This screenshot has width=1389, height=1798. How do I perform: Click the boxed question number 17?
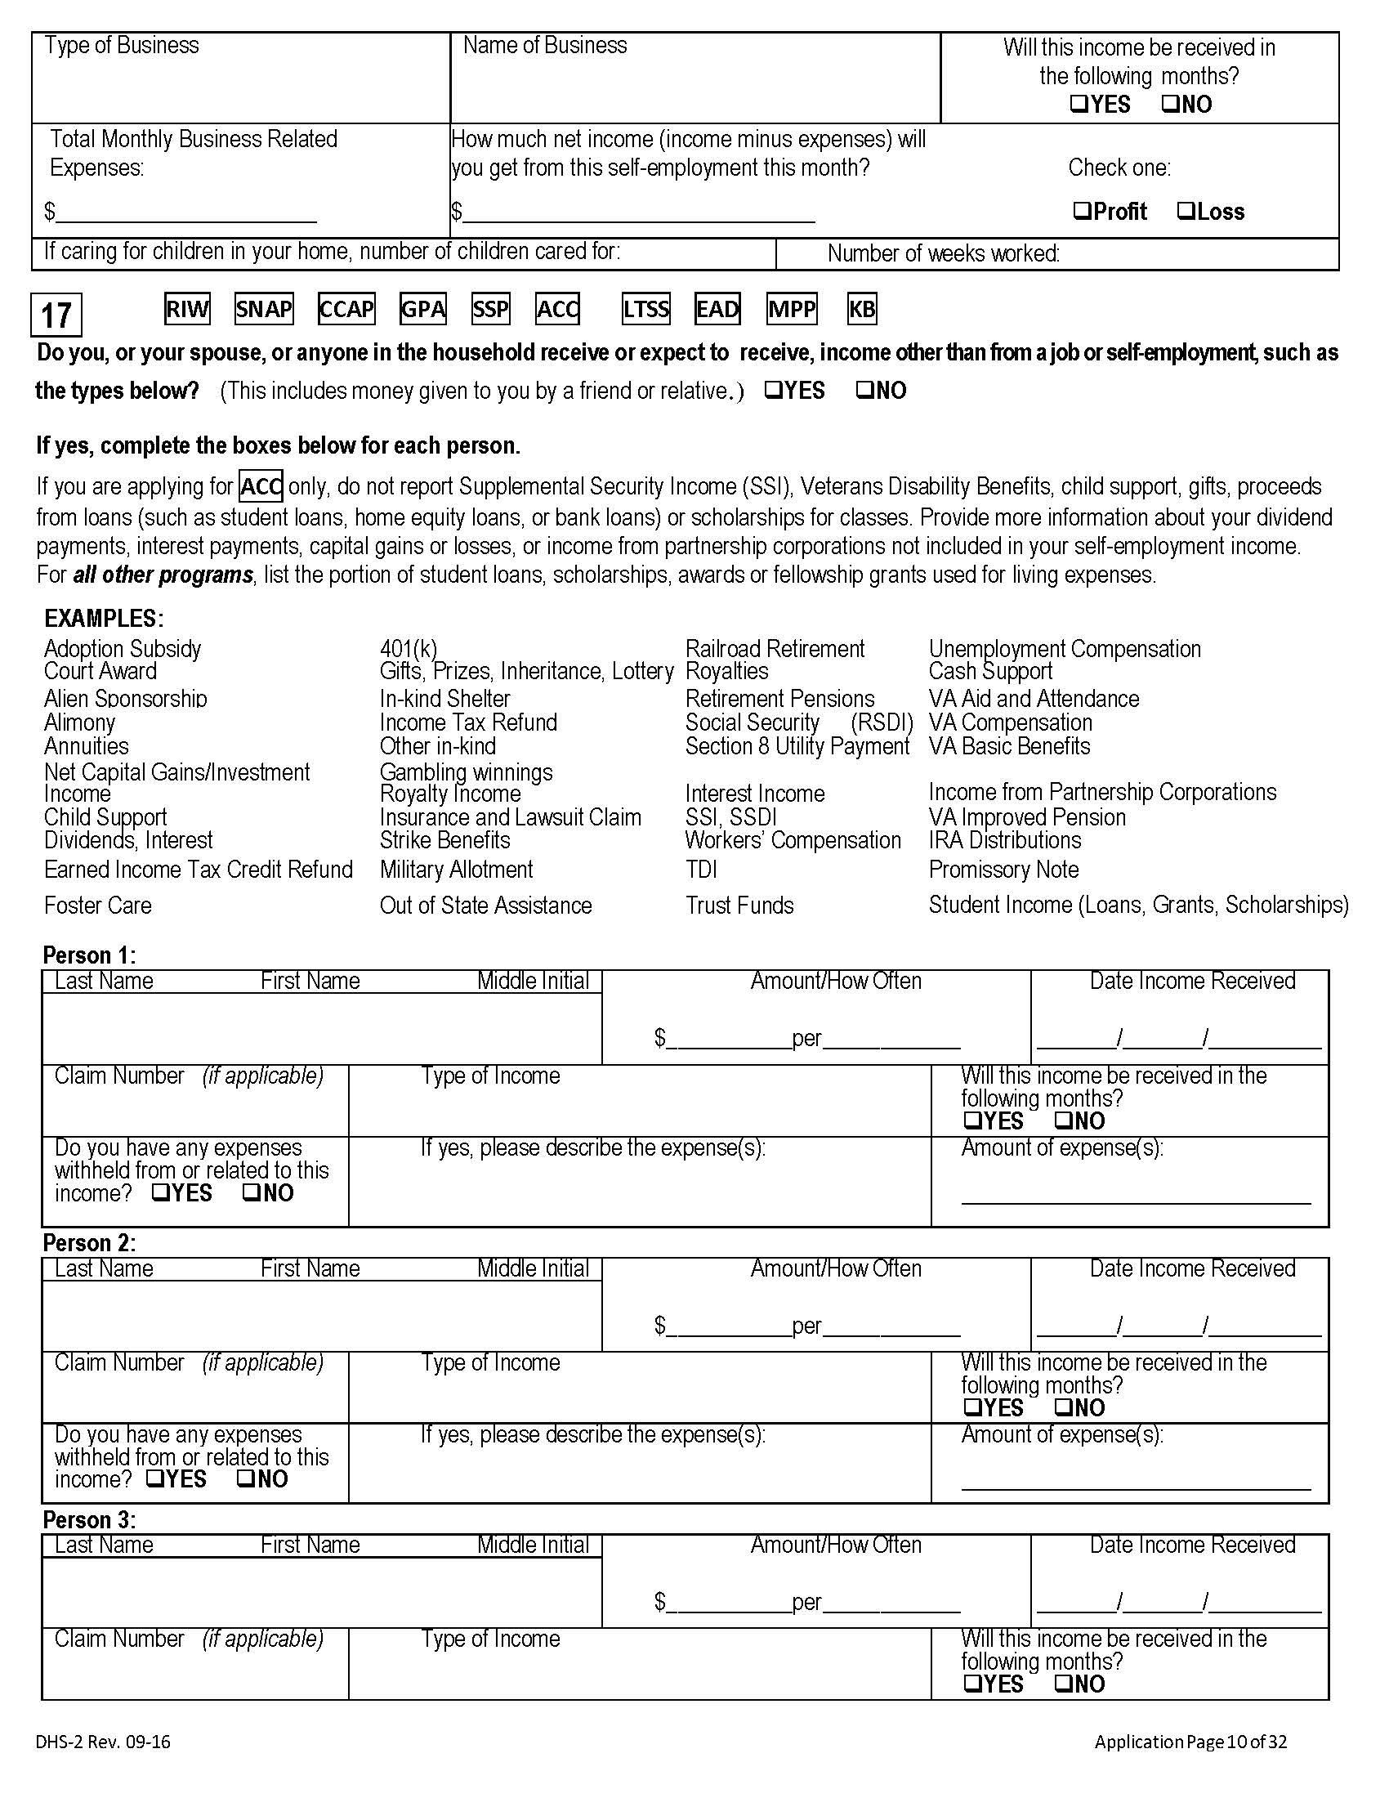pyautogui.click(x=56, y=315)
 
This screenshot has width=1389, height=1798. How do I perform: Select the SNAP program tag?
pyautogui.click(x=263, y=310)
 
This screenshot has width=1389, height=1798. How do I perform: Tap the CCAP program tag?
pyautogui.click(x=346, y=310)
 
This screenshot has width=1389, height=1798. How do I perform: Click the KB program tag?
pyautogui.click(x=861, y=310)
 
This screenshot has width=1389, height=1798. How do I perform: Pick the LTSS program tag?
pyautogui.click(x=646, y=310)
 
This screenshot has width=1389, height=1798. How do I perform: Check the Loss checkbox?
pyautogui.click(x=1185, y=212)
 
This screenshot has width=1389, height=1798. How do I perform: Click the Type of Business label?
pyautogui.click(x=122, y=45)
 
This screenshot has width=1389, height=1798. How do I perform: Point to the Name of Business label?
pyautogui.click(x=545, y=45)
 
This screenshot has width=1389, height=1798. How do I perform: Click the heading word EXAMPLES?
pyautogui.click(x=104, y=619)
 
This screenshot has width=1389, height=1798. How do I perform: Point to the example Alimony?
pyautogui.click(x=80, y=722)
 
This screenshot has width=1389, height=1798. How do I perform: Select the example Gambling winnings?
pyautogui.click(x=466, y=772)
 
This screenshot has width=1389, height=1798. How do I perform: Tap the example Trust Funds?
pyautogui.click(x=739, y=906)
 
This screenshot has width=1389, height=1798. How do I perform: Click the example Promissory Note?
pyautogui.click(x=1003, y=870)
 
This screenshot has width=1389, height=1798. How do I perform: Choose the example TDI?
pyautogui.click(x=701, y=870)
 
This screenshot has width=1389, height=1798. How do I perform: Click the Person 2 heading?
pyautogui.click(x=89, y=1242)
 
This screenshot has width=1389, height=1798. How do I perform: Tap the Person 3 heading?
pyautogui.click(x=89, y=1519)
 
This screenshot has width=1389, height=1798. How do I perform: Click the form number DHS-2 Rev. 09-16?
pyautogui.click(x=103, y=1741)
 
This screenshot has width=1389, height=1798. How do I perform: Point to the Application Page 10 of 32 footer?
pyautogui.click(x=1190, y=1741)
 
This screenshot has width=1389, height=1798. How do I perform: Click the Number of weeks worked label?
pyautogui.click(x=943, y=253)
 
